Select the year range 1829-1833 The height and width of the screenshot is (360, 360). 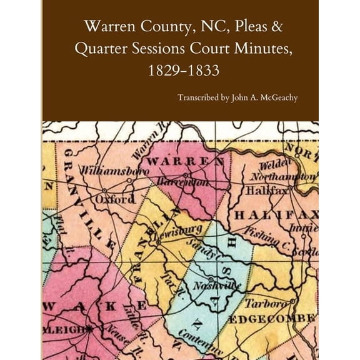180,70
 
